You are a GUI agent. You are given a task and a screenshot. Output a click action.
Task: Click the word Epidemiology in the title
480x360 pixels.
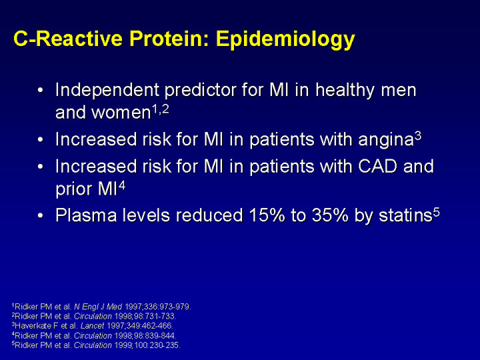coord(285,40)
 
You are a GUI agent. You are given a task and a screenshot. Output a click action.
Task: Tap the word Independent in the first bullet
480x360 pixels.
coord(107,90)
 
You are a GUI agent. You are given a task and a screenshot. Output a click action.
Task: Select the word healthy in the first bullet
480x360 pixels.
coord(344,91)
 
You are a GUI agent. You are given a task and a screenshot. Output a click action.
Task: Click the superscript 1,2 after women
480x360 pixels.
coord(161,109)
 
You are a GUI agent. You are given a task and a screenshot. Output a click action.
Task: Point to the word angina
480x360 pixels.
coord(386,140)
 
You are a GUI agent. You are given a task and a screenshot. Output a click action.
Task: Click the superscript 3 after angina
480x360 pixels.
coord(418,135)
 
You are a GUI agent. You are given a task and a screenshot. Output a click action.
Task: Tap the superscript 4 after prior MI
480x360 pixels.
coord(122,185)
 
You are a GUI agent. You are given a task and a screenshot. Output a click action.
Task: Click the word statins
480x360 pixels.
coord(405,215)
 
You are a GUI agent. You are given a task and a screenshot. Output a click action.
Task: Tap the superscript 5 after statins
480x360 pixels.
coord(436,211)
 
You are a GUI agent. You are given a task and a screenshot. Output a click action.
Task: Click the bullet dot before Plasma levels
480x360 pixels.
coord(41,215)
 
